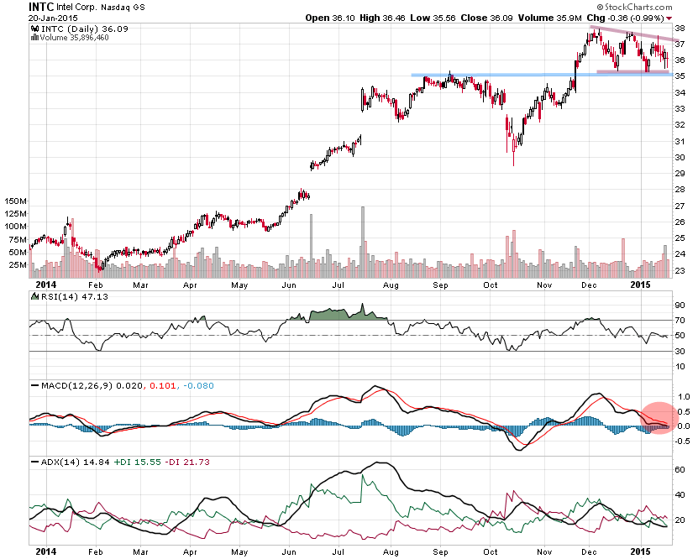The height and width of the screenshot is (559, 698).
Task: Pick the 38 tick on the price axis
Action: [x=681, y=28]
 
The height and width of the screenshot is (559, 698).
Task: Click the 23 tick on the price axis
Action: [x=681, y=270]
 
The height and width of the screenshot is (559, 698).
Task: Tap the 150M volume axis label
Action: [x=14, y=202]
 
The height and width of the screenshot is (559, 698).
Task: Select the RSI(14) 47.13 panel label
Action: [x=60, y=295]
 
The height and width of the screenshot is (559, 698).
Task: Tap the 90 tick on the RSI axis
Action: [x=681, y=306]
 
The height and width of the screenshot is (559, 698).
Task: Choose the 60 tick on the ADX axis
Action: [x=681, y=470]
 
